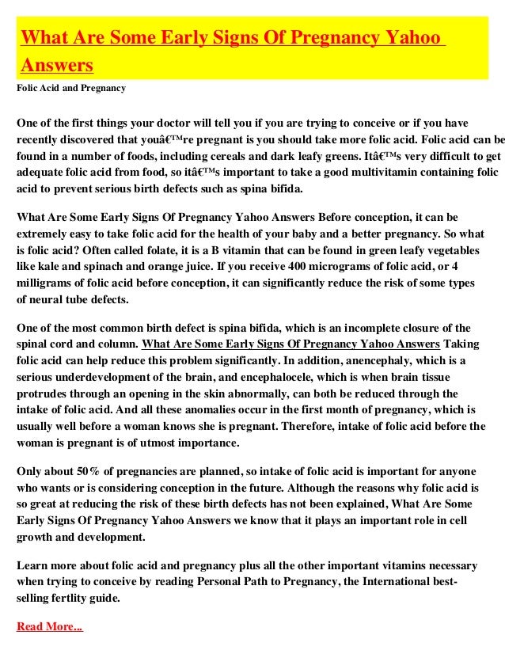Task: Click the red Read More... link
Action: [49, 627]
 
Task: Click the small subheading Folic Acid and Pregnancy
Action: [71, 87]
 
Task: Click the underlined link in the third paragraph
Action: [290, 344]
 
